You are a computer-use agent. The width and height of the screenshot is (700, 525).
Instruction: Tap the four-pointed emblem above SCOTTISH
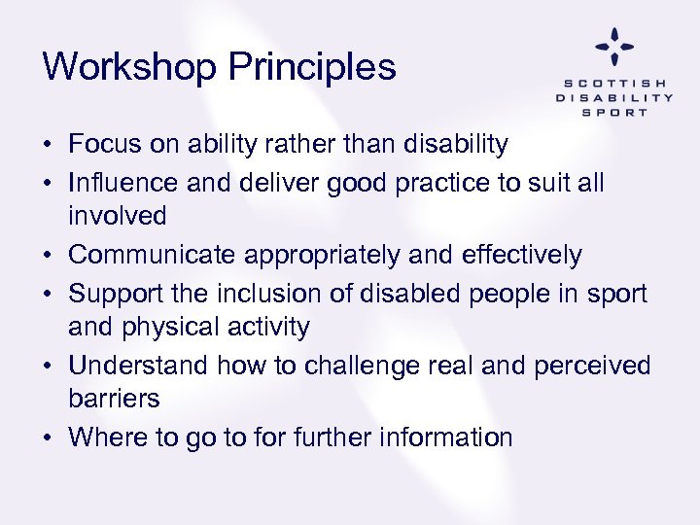[x=613, y=47]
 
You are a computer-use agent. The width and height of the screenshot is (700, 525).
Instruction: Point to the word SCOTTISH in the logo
[x=613, y=84]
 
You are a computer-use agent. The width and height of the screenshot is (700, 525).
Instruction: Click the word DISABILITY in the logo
[x=613, y=97]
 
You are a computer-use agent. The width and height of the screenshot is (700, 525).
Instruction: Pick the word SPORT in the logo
[x=613, y=112]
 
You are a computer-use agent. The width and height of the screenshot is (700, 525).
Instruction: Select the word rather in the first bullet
[x=282, y=145]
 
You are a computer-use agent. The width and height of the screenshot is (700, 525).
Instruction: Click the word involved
[x=118, y=216]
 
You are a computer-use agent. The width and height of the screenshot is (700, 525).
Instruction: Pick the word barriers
[x=114, y=400]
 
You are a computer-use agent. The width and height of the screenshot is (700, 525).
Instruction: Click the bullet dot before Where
[x=49, y=438]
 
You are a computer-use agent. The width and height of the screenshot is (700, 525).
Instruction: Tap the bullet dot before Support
[x=49, y=293]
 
